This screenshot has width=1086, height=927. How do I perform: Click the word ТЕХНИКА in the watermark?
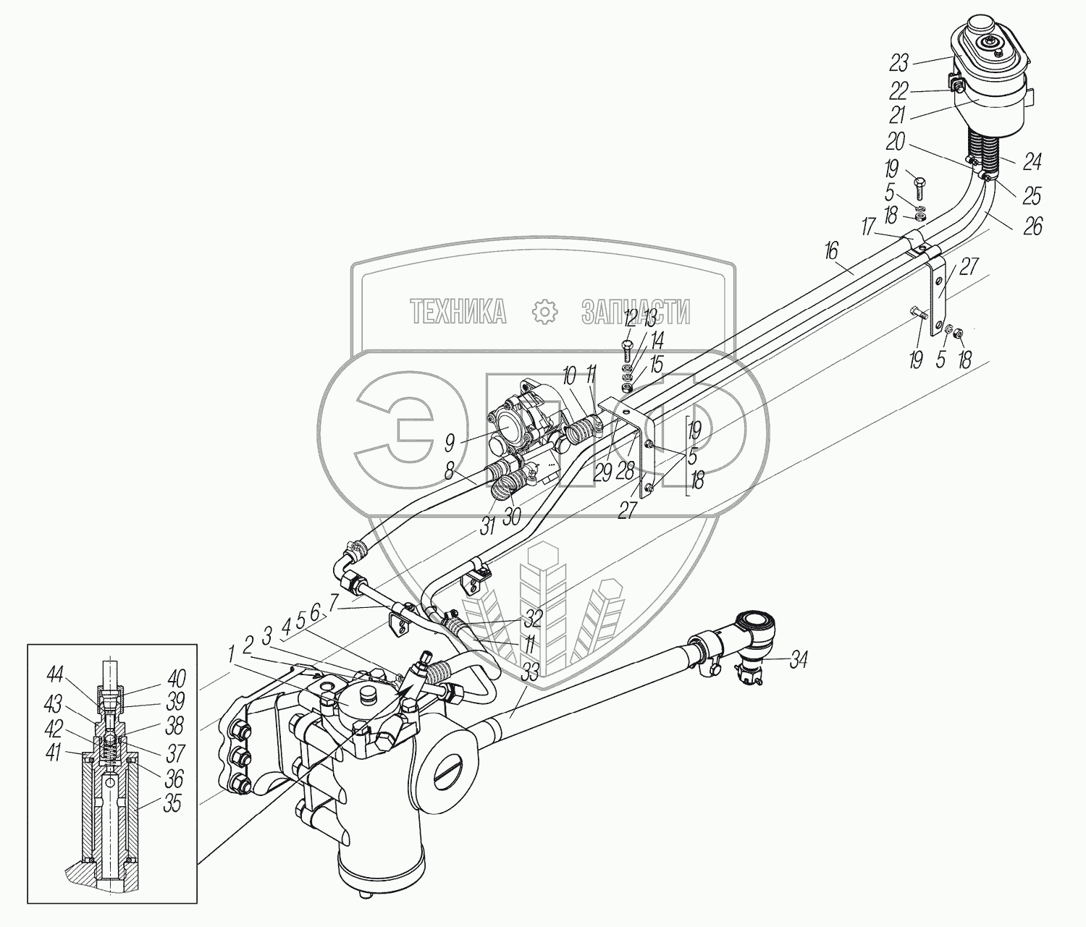click(x=458, y=312)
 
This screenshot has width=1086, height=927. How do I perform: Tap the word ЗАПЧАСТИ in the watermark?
click(x=635, y=312)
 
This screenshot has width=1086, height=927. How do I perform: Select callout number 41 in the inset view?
click(x=54, y=753)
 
